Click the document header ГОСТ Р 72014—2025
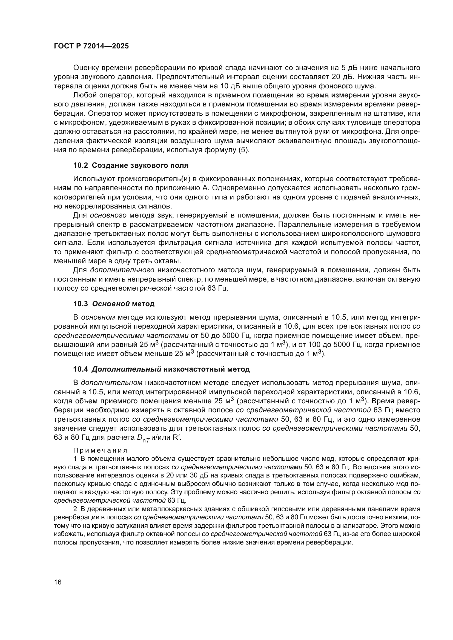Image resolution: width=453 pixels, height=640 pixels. pyautogui.click(x=91, y=46)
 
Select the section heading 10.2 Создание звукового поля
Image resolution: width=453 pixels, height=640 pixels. pyautogui.click(x=131, y=165)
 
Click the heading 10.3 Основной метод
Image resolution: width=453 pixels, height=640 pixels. pyautogui.click(x=114, y=304)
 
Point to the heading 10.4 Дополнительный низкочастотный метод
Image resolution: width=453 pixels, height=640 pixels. pyautogui.click(x=162, y=369)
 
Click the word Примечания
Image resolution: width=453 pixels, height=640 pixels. pyautogui.click(x=101, y=450)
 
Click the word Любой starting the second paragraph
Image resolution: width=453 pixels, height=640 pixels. pyautogui.click(x=82, y=95)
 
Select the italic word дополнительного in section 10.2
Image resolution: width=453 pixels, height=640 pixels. pyautogui.click(x=122, y=270)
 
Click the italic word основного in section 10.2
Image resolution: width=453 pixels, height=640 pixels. pyautogui.click(x=108, y=215)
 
